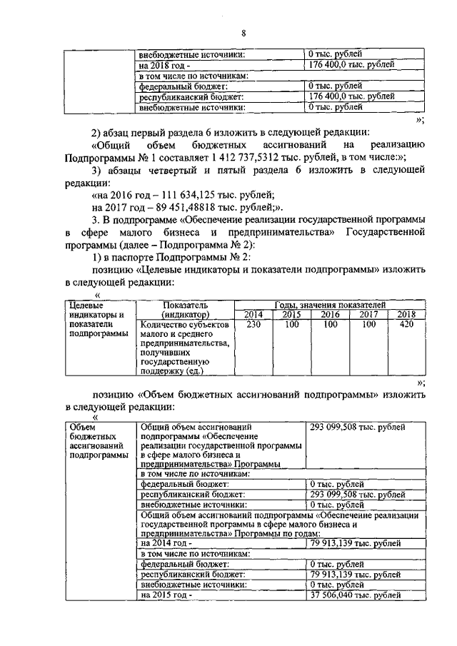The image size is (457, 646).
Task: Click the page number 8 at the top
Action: pos(243,34)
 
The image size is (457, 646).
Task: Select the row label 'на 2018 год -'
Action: pos(166,64)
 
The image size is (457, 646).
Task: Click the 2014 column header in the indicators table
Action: pos(253,314)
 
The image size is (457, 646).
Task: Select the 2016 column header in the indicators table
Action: pos(330,314)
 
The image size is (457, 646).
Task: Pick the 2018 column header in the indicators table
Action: pos(406,314)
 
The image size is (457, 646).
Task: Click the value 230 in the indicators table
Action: pos(253,325)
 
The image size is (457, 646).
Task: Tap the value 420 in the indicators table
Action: pos(406,325)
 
